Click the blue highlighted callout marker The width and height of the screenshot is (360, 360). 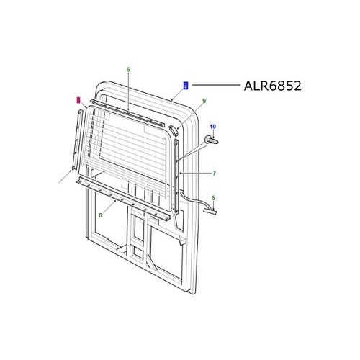(186, 85)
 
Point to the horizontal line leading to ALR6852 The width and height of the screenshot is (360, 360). (216, 85)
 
